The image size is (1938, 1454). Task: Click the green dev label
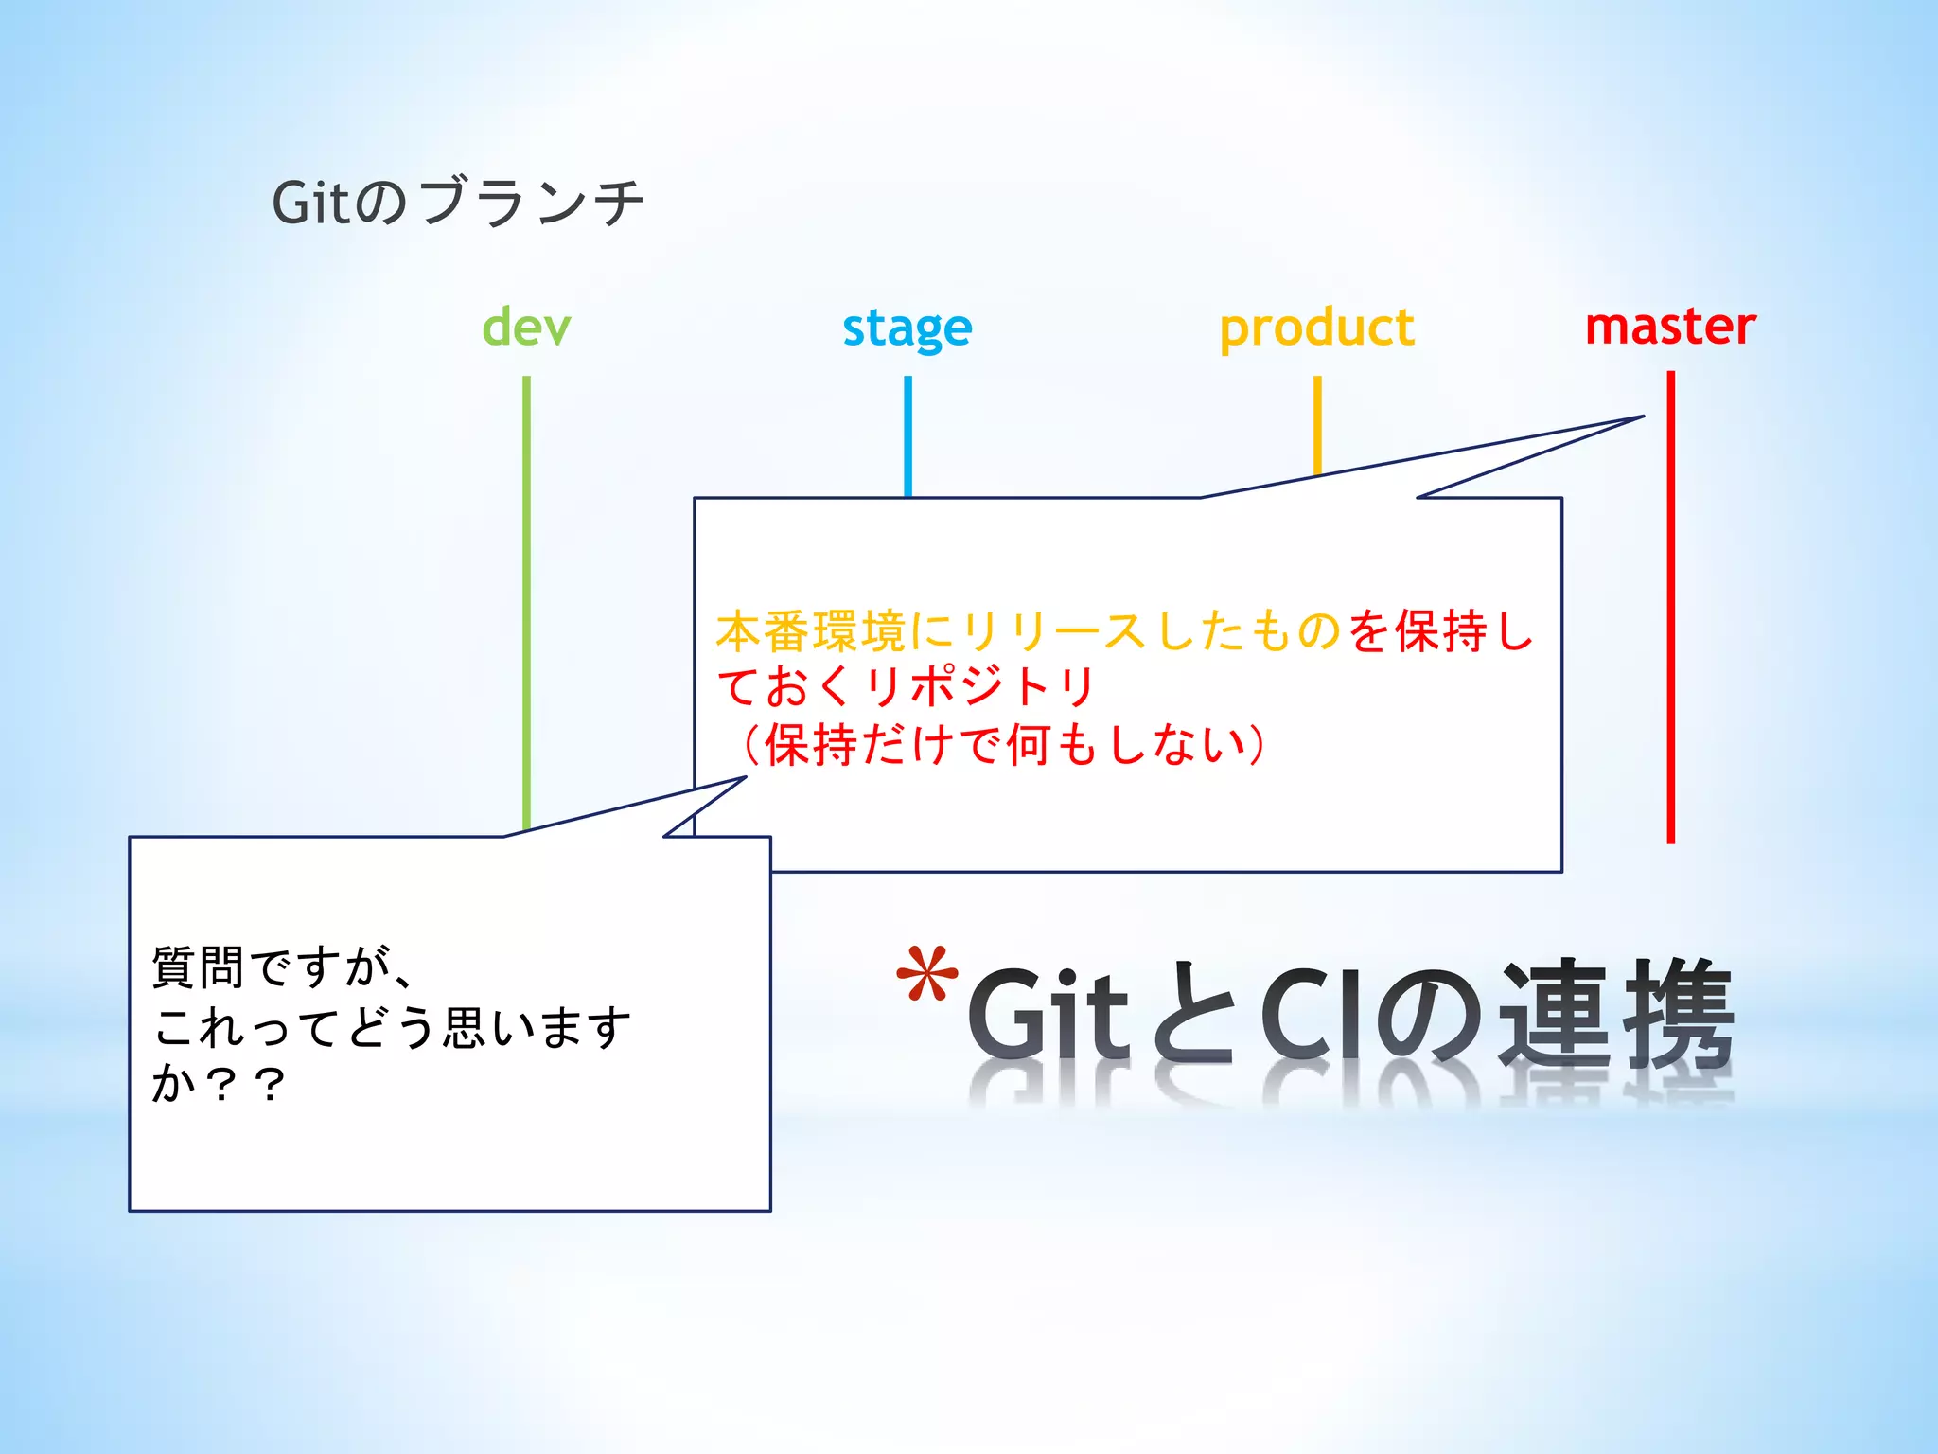click(x=526, y=328)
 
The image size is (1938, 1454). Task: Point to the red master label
click(x=1670, y=327)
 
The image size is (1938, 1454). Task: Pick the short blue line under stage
click(x=907, y=435)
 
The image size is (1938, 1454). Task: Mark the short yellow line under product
click(x=1316, y=421)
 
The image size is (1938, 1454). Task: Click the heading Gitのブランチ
click(x=458, y=202)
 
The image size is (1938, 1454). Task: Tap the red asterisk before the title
click(x=926, y=975)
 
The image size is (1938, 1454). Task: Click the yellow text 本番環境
click(x=812, y=631)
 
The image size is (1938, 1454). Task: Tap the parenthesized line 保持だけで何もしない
click(x=1003, y=744)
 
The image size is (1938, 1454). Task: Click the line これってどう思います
click(x=392, y=1026)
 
